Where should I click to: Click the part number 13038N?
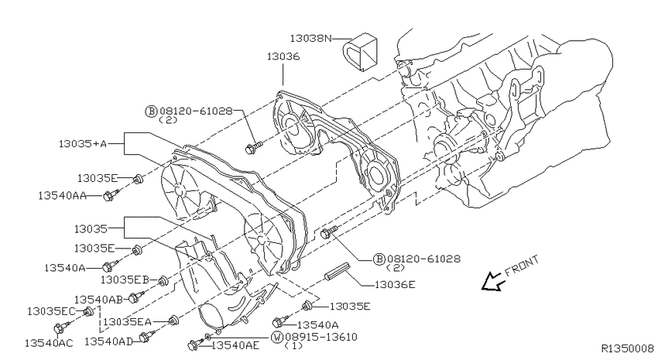click(x=310, y=39)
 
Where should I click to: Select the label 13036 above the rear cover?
click(x=283, y=57)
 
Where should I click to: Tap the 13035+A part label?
click(x=83, y=143)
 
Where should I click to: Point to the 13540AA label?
click(x=62, y=196)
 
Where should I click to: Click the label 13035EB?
click(x=125, y=279)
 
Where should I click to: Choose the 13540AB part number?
click(x=98, y=300)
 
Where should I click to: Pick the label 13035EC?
click(x=52, y=311)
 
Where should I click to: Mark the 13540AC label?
click(x=49, y=343)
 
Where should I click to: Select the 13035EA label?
click(x=127, y=322)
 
